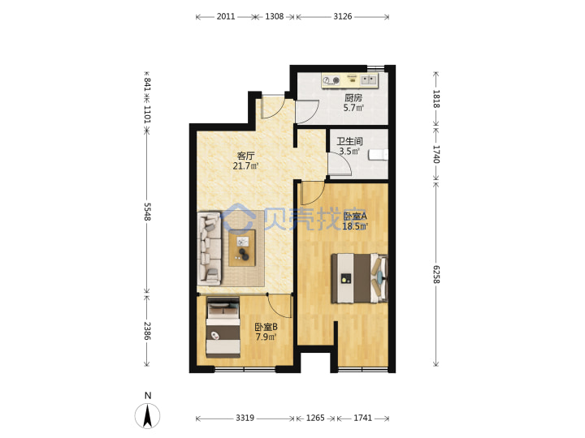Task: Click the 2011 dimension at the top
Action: [x=226, y=16]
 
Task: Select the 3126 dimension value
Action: [x=343, y=16]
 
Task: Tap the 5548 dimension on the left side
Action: [x=147, y=212]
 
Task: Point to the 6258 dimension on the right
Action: [x=436, y=274]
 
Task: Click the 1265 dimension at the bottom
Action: [x=315, y=418]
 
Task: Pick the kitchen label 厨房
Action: [x=353, y=98]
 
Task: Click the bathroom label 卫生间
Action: [x=349, y=141]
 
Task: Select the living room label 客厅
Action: [x=245, y=156]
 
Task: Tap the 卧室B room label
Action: [x=266, y=327]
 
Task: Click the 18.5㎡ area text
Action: [x=355, y=226]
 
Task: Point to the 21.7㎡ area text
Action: [x=246, y=166]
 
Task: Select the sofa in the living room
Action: [x=209, y=249]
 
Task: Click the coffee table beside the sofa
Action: [x=242, y=248]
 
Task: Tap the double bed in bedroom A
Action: [x=360, y=278]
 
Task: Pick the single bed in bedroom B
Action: [x=223, y=328]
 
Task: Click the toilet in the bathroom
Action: [x=378, y=155]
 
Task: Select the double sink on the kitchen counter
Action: [x=369, y=79]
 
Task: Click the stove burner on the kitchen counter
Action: [x=331, y=80]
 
